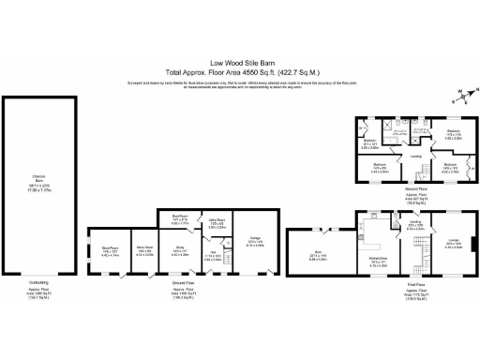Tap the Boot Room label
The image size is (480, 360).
(183, 217)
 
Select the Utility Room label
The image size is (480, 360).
(217, 224)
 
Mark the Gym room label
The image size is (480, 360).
(319, 252)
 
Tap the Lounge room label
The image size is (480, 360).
(454, 244)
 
